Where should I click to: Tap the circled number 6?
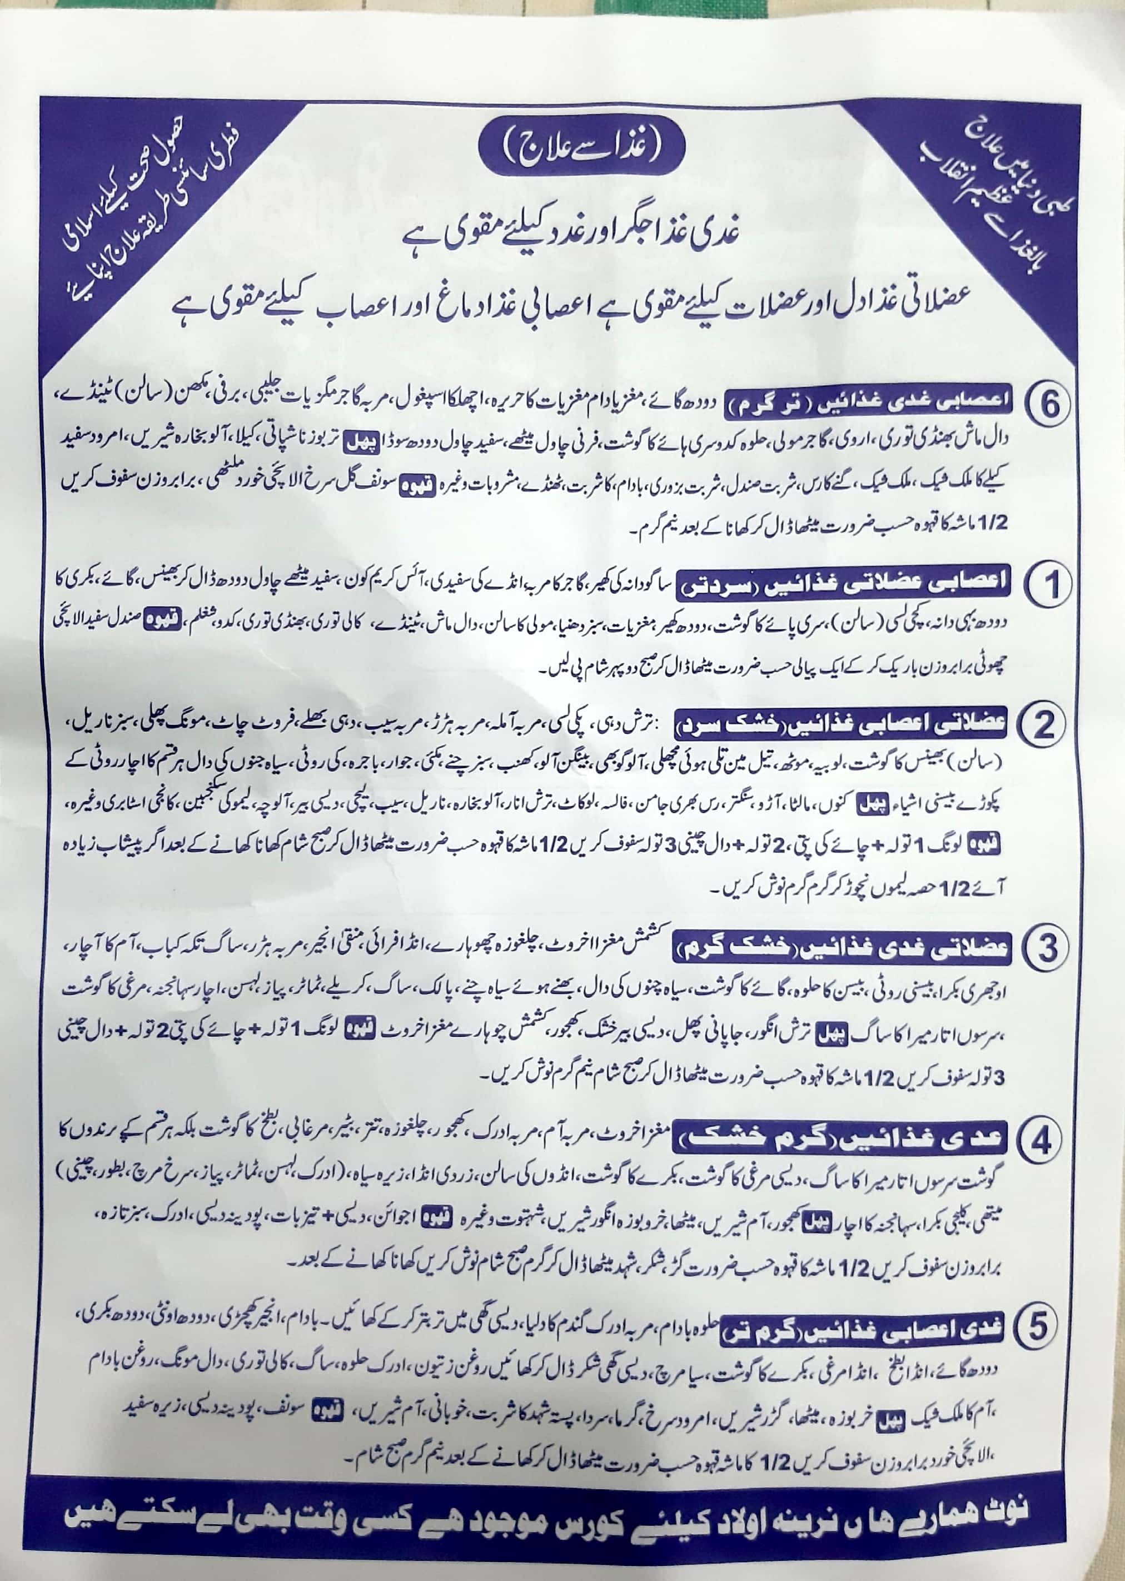[x=1049, y=404]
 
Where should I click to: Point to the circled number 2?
[x=1044, y=725]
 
